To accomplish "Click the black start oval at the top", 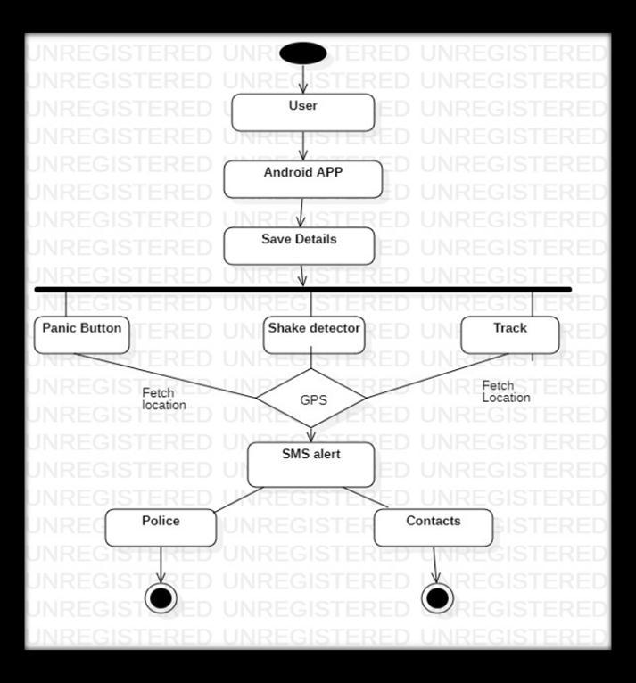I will pos(302,53).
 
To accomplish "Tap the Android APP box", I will pos(303,178).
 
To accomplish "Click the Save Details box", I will pos(299,245).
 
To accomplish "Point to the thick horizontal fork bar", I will pos(303,290).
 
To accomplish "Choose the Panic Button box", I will pos(81,334).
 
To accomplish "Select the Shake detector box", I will pos(314,334).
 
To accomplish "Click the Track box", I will pos(510,334).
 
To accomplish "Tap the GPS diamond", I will pos(312,399).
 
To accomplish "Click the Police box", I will pos(161,527).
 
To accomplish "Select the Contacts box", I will pos(433,527).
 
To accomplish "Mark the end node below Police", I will pos(161,597).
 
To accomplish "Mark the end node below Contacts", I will pos(437,597).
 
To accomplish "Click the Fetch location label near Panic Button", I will pos(164,399).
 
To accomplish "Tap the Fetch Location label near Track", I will pos(506,391).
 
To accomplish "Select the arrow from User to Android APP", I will pos(303,145).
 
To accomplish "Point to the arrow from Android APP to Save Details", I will pos(302,212).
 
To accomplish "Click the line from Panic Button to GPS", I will pos(169,376).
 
